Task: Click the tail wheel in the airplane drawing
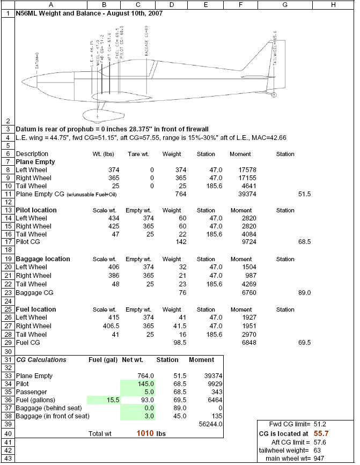(x=274, y=95)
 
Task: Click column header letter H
(x=333, y=4)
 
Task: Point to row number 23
(x=8, y=293)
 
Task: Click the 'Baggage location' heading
(x=43, y=259)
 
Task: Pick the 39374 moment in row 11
(x=232, y=194)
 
